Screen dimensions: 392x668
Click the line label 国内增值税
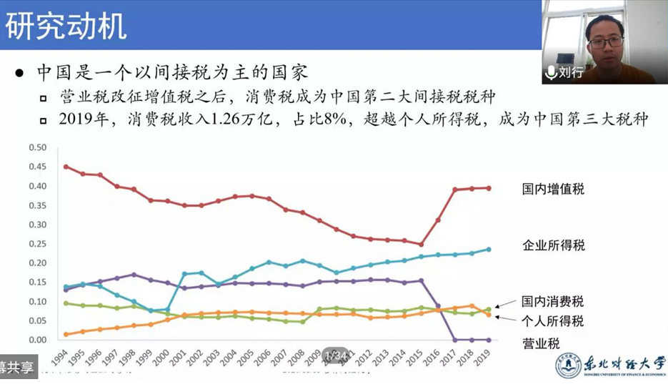tap(553, 190)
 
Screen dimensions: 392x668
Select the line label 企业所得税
tap(553, 245)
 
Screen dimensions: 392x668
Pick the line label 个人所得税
tap(553, 321)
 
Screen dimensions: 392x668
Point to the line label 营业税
tap(541, 343)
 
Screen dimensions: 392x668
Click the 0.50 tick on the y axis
tap(37, 147)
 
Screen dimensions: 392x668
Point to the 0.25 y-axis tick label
tap(37, 243)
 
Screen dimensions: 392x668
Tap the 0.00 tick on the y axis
tap(37, 339)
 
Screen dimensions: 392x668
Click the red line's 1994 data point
tap(66, 167)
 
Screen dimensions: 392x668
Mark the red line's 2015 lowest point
tap(421, 244)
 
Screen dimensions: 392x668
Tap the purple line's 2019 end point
tap(488, 339)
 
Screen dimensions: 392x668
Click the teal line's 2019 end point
tap(488, 249)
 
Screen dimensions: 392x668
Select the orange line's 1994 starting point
tap(66, 334)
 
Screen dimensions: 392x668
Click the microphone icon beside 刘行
tap(551, 72)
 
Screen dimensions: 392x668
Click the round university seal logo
tap(569, 366)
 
